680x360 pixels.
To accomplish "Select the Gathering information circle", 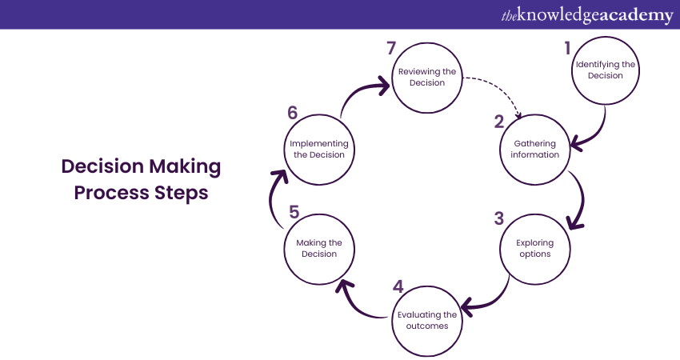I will click(x=535, y=150).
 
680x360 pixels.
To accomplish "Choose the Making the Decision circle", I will click(x=318, y=248).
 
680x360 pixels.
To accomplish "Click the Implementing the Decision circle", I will click(x=318, y=150).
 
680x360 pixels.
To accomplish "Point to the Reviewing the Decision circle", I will click(x=427, y=77).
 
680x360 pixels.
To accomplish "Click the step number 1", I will click(x=568, y=48).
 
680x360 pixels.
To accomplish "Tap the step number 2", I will click(x=499, y=122).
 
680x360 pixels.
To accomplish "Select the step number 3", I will click(x=499, y=218).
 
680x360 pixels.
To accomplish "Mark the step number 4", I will click(x=398, y=286).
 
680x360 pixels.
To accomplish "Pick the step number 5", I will click(x=294, y=212).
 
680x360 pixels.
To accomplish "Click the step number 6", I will click(x=292, y=113).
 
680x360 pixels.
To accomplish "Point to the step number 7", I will click(x=391, y=48).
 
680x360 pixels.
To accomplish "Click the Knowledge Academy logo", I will click(x=587, y=14).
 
